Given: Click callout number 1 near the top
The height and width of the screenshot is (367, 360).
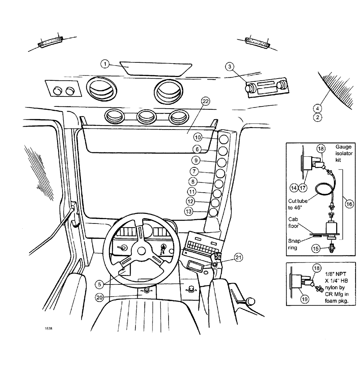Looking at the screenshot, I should [106, 64].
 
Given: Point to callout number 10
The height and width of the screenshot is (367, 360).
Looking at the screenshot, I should [198, 137].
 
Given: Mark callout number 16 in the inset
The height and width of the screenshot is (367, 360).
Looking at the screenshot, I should [349, 204].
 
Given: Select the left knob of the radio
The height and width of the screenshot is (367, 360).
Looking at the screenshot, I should [250, 87].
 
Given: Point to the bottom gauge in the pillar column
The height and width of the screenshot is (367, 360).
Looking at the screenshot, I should [213, 212].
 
